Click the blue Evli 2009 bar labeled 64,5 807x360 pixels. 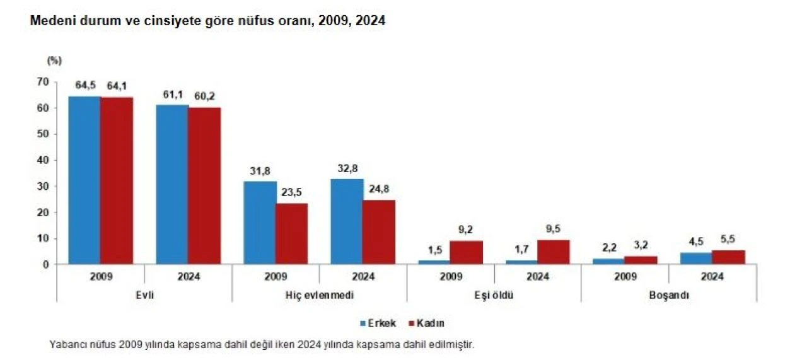pos(84,180)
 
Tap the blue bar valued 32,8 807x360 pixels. pos(347,221)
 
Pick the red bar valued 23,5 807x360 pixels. pos(291,233)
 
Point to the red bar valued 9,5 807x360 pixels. pos(554,252)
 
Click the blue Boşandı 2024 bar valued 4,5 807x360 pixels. pos(696,258)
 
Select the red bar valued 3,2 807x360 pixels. pos(641,260)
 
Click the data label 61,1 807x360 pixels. pos(172,95)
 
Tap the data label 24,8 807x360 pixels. pos(379,190)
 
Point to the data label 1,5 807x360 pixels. pos(434,250)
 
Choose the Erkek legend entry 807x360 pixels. pos(378,323)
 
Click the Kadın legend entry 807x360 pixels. pos(427,323)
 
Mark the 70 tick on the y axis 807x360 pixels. pos(43,82)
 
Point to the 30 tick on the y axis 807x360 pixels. pos(43,187)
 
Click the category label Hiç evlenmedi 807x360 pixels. pos(320,295)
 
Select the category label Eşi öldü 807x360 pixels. pos(494,295)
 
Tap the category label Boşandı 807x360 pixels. pos(669,295)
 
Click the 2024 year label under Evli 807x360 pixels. pos(188,277)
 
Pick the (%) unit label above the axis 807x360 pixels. pos(54,61)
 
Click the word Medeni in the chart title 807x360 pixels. pos(49,21)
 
